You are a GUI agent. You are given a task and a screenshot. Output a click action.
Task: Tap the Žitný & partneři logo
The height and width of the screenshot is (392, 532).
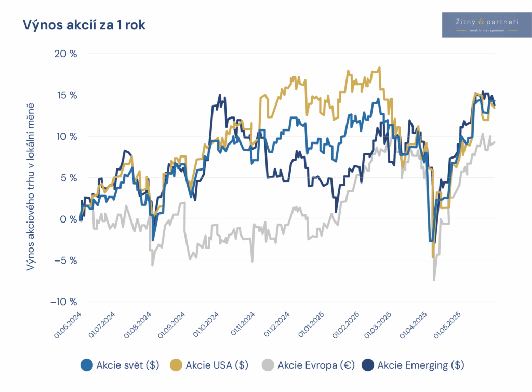[x=487, y=24]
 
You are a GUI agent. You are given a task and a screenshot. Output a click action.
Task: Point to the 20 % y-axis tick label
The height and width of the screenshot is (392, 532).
[x=65, y=54]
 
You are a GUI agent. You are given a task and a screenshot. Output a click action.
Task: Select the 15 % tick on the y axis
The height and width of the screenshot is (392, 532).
[x=66, y=95]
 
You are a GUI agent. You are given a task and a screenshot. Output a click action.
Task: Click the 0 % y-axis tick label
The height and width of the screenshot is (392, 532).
[x=68, y=219]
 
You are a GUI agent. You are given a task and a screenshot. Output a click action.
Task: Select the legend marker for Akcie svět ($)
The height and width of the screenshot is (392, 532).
[x=87, y=365]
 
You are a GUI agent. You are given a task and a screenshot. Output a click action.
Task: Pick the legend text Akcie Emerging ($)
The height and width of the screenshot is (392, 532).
[x=421, y=365]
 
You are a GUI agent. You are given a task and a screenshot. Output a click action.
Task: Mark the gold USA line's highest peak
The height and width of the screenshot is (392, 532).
[x=380, y=67]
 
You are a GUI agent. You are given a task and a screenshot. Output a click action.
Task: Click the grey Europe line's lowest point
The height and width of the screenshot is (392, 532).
[x=434, y=280]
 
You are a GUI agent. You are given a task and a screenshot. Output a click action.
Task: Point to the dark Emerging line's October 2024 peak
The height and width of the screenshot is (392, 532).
[x=219, y=96]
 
